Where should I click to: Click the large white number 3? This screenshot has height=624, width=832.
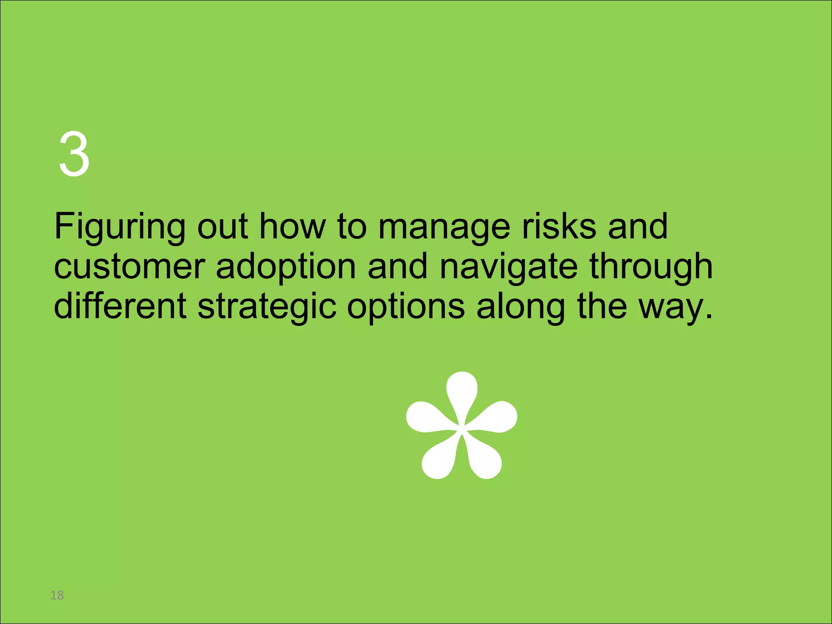(74, 154)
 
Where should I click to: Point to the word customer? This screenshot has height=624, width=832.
(129, 267)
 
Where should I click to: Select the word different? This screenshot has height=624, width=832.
(120, 306)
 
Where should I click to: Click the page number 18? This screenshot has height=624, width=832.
(57, 595)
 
